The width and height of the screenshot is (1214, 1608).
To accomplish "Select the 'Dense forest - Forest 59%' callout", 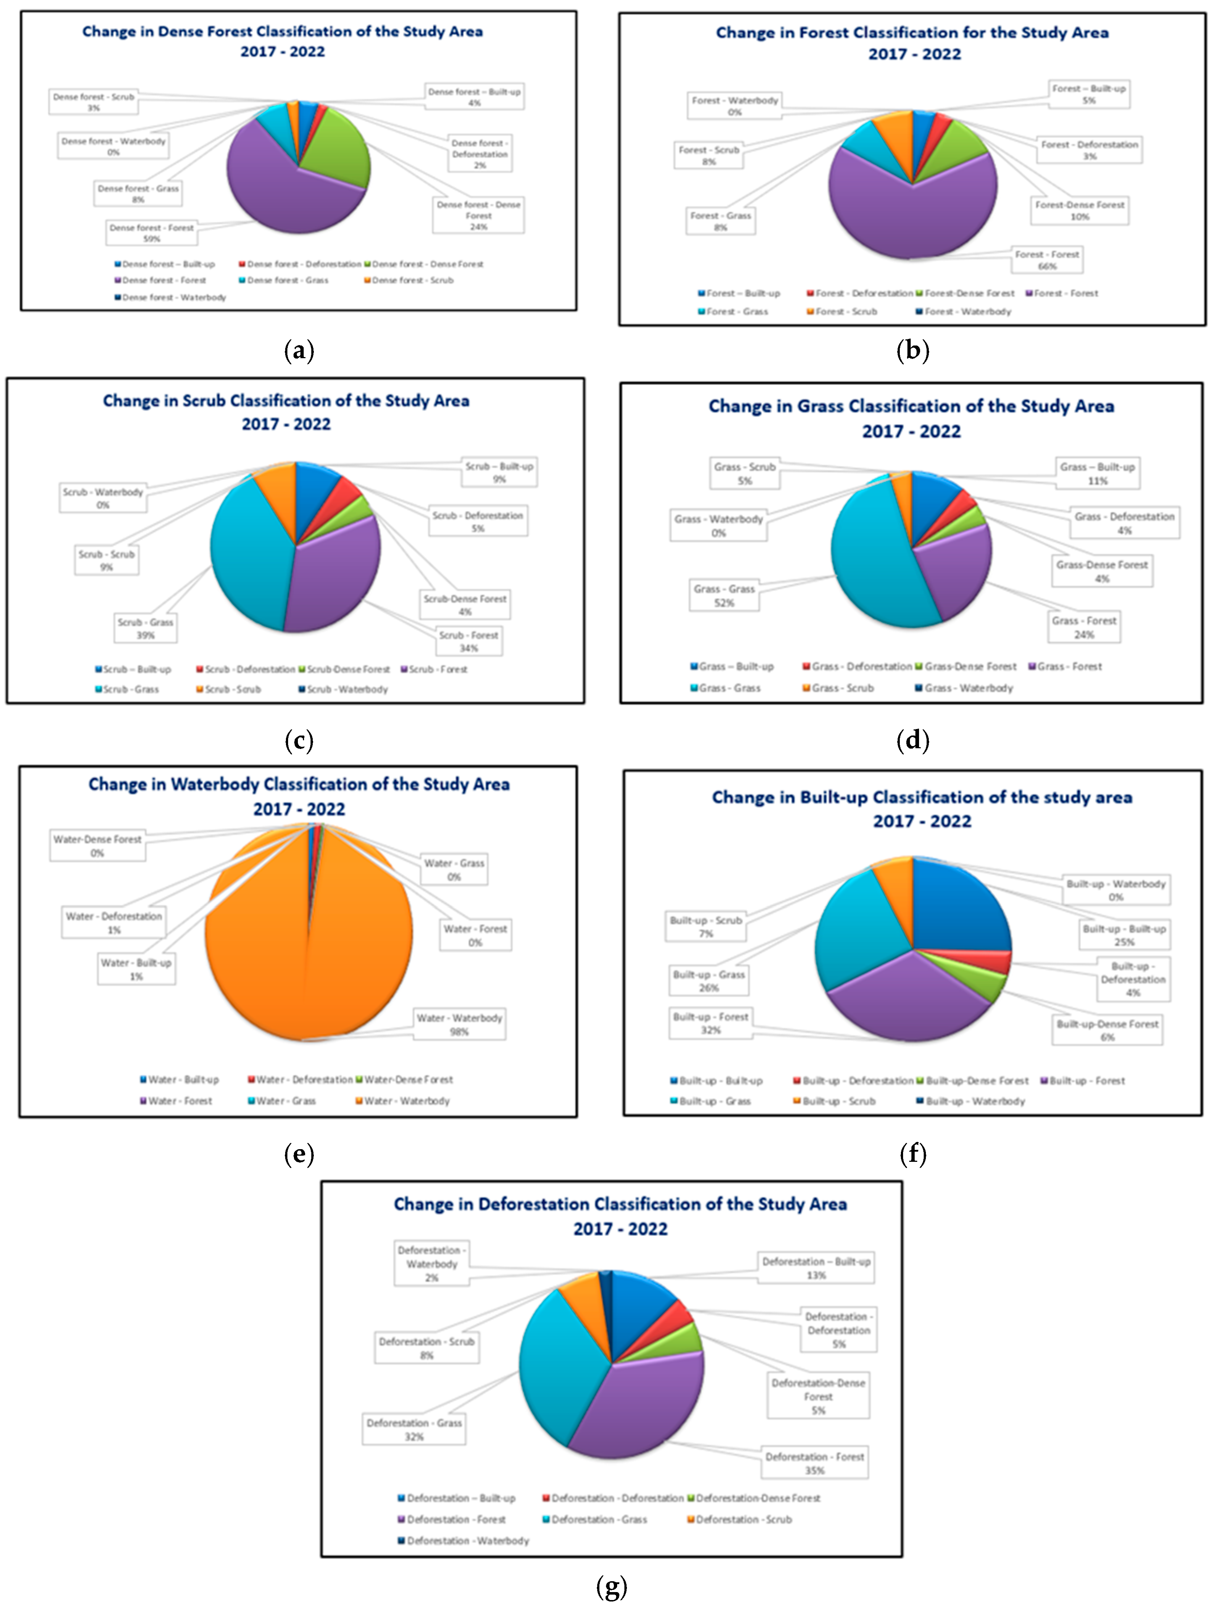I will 151,233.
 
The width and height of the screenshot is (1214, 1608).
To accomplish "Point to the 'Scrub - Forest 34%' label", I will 469,641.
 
